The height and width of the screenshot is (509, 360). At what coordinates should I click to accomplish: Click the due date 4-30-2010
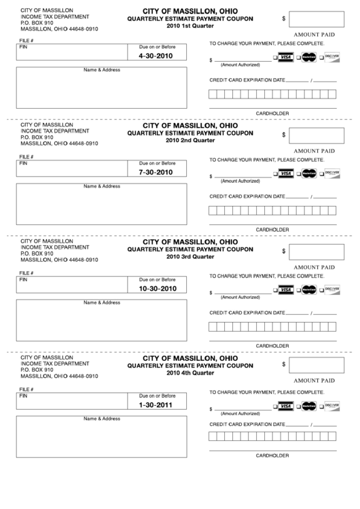point(156,56)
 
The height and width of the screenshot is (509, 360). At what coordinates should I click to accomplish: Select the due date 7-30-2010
point(156,173)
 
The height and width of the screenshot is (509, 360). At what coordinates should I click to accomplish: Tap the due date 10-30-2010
point(157,289)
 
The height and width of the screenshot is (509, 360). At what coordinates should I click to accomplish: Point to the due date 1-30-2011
point(156,405)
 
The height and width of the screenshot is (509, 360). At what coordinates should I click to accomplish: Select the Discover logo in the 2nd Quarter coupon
point(331,174)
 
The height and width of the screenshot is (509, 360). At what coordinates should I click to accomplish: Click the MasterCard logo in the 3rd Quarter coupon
point(309,290)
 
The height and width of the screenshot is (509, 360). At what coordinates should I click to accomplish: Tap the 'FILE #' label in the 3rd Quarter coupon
point(26,273)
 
